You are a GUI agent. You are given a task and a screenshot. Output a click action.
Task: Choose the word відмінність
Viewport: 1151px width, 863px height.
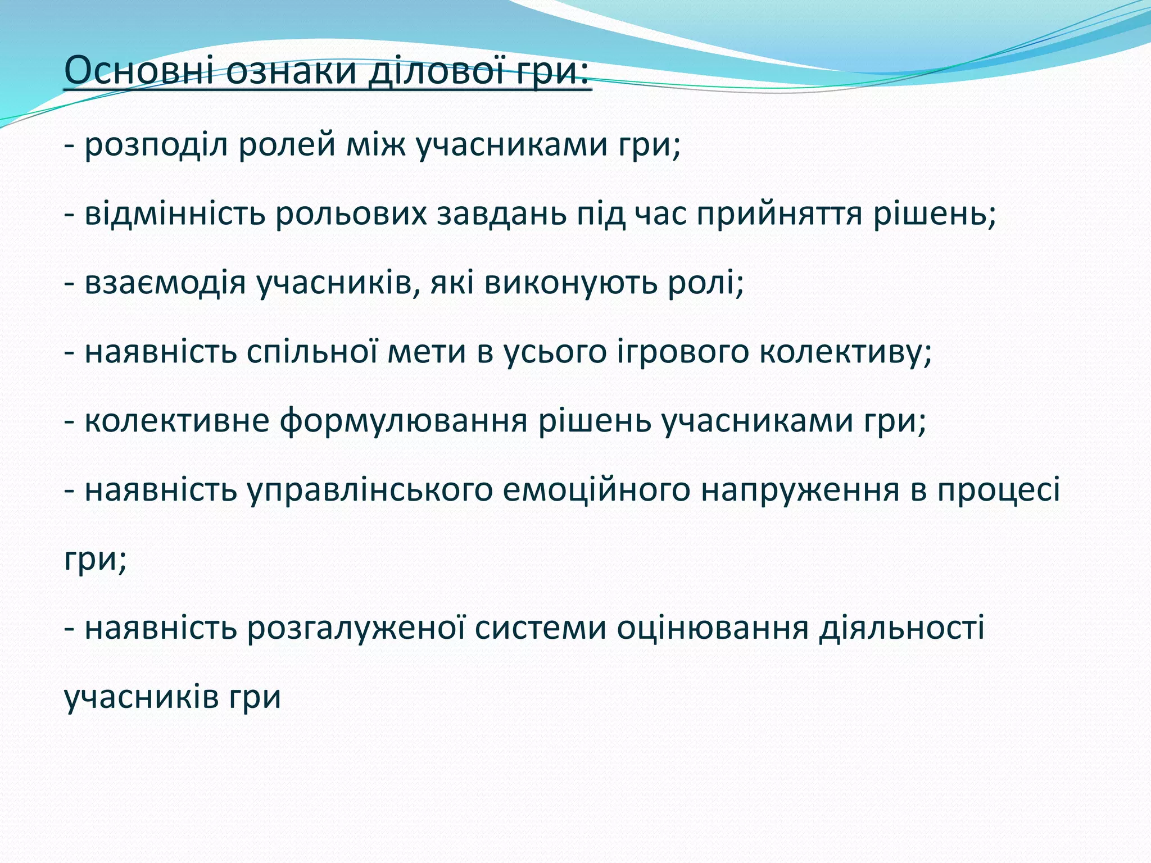[x=175, y=214]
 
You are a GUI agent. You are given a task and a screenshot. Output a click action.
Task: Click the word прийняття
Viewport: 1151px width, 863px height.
[x=780, y=214]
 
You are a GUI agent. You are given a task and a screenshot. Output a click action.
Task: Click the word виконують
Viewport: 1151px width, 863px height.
[x=571, y=283]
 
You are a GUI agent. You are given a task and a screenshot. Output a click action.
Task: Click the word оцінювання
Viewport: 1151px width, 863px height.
[x=712, y=629]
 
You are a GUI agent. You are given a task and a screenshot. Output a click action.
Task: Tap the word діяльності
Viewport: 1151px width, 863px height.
[x=901, y=628]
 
